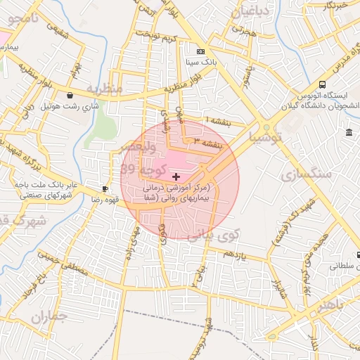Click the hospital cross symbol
pos(176,176)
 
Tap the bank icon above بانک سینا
pos(201,51)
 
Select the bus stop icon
pos(322,83)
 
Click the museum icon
pos(349,133)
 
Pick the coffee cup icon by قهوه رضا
pos(105,188)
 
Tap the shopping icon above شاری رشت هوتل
pos(70,95)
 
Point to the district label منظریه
pos(104,89)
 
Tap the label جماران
pos(50,318)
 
